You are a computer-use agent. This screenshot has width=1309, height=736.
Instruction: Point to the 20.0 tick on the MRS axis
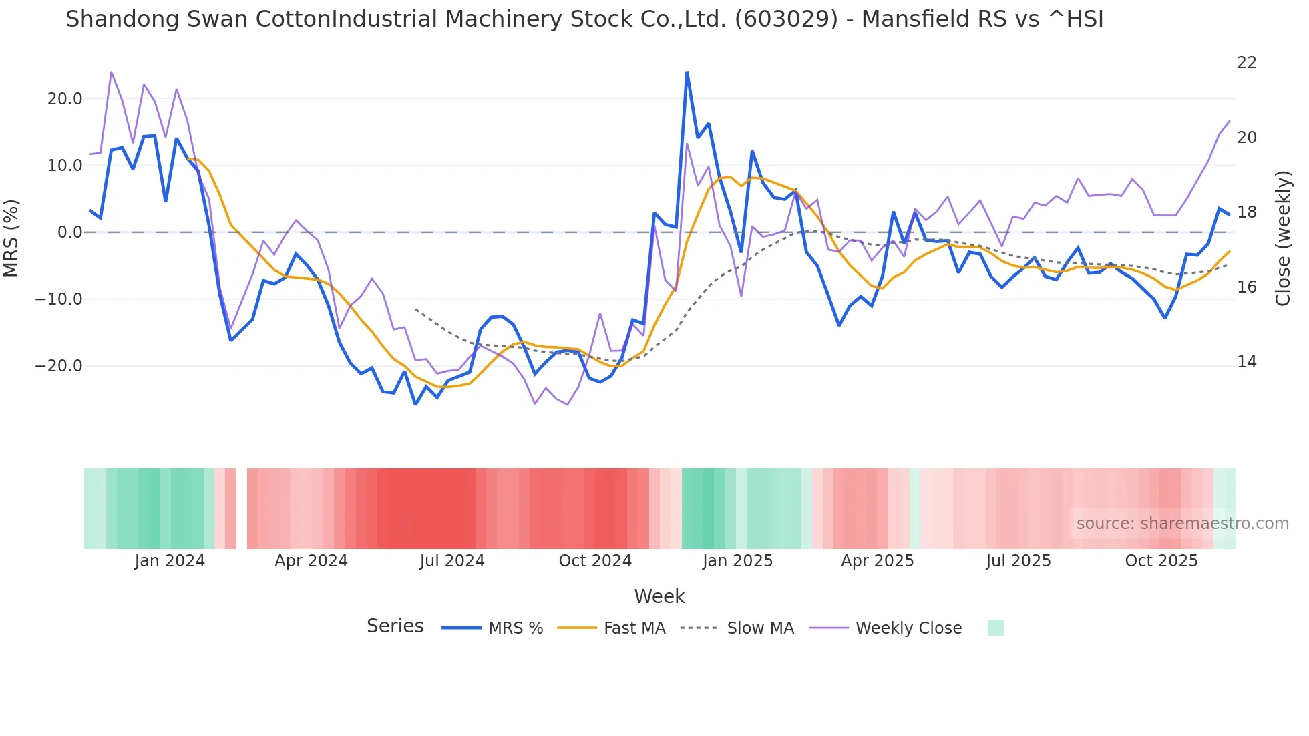[x=65, y=99]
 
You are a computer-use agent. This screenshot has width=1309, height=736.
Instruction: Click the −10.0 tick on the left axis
[x=59, y=299]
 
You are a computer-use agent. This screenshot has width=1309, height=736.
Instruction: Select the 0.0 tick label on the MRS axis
[x=69, y=232]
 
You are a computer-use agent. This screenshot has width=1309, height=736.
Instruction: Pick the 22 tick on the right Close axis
[x=1246, y=63]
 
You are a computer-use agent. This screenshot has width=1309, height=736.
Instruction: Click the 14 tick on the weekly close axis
[x=1246, y=362]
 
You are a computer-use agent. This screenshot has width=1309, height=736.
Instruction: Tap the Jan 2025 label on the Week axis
[x=737, y=561]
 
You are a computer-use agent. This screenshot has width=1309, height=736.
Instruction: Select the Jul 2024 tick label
[x=452, y=561]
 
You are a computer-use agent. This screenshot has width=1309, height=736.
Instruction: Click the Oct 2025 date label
[x=1161, y=561]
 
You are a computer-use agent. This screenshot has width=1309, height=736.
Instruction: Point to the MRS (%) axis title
[x=11, y=238]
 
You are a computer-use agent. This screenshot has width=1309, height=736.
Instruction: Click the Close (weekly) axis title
[x=1283, y=238]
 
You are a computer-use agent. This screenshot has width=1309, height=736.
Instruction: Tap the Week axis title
[x=659, y=596]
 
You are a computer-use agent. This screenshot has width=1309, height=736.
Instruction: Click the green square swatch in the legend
[x=995, y=628]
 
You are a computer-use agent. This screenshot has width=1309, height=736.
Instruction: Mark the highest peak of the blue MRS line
[x=687, y=73]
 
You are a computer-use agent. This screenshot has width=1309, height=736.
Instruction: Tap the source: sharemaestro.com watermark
[x=1182, y=524]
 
